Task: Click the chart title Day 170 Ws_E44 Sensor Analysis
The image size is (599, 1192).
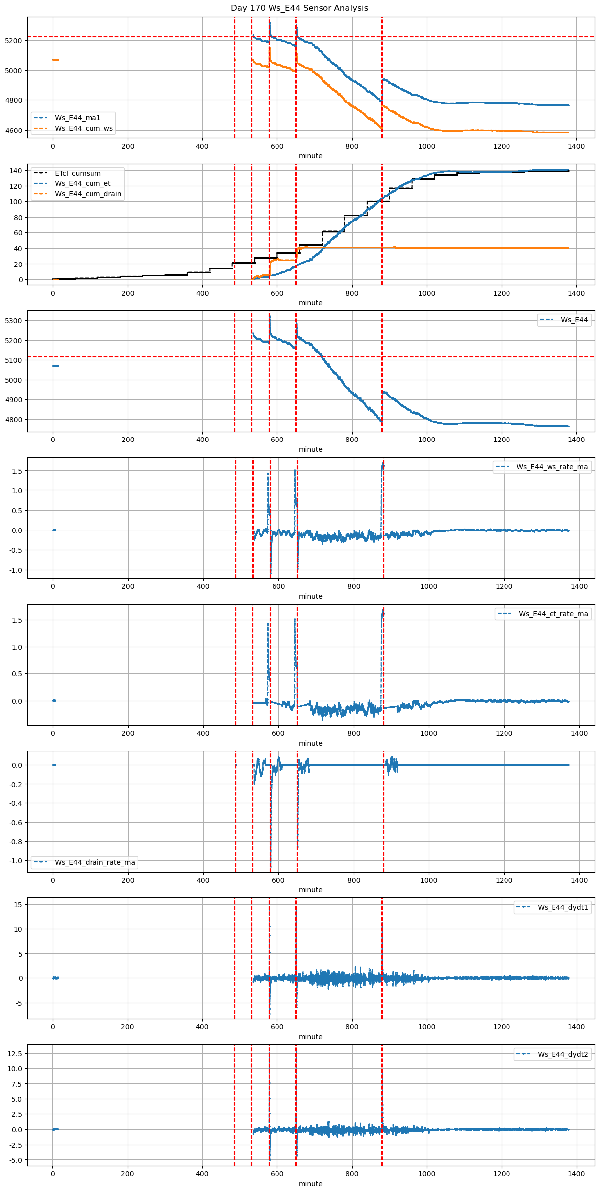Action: [x=299, y=8]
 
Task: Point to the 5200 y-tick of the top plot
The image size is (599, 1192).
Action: [x=14, y=41]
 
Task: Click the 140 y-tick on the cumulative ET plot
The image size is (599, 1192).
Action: [x=16, y=171]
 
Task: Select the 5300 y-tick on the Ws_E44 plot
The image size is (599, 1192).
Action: [x=14, y=321]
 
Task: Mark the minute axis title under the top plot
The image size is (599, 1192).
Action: [x=311, y=156]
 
